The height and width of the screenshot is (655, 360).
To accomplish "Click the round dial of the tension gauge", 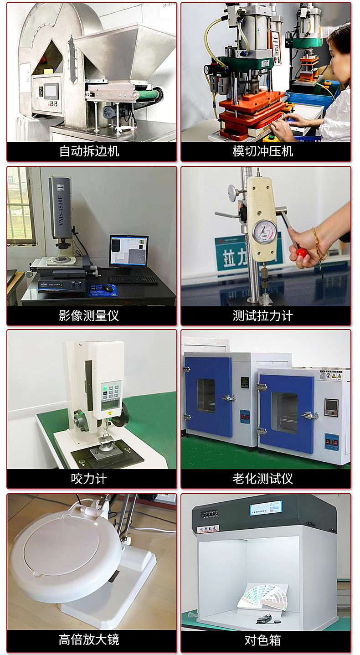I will pyautogui.click(x=264, y=232).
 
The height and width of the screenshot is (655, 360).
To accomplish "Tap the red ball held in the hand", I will pyautogui.click(x=302, y=253).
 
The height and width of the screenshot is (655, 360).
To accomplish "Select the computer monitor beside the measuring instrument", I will pyautogui.click(x=129, y=251).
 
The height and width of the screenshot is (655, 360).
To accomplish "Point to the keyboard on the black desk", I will pyautogui.click(x=132, y=279).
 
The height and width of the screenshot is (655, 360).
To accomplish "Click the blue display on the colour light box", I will pyautogui.click(x=266, y=508).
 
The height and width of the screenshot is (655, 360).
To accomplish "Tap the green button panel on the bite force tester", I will pyautogui.click(x=111, y=391).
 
